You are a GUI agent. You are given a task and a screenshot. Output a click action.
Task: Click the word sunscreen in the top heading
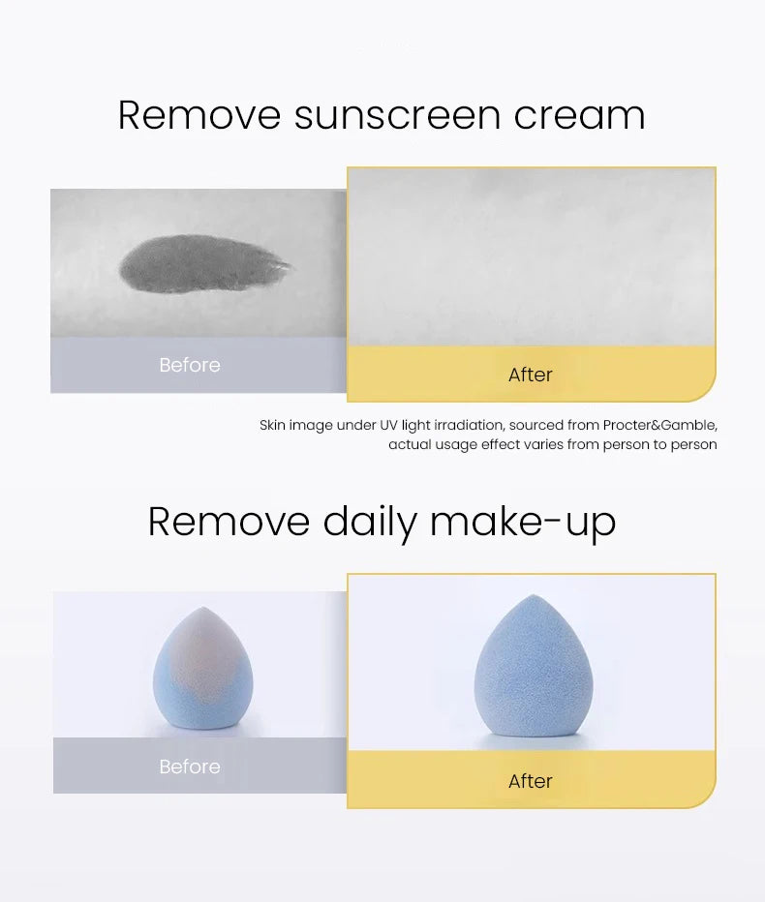[x=396, y=115]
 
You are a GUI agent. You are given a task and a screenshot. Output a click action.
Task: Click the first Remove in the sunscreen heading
[x=199, y=115]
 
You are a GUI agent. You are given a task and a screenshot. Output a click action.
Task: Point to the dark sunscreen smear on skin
[x=204, y=263]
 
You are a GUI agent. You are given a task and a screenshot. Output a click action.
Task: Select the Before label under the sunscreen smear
[x=190, y=365]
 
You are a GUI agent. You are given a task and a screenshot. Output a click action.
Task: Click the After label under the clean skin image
[x=531, y=375]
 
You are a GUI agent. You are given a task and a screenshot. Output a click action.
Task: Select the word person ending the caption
[x=692, y=444]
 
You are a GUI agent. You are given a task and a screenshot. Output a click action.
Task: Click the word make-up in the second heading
[x=523, y=522]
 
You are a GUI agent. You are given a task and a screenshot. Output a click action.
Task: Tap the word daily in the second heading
[x=372, y=522]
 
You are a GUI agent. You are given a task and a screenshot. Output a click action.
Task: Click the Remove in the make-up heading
[x=229, y=522]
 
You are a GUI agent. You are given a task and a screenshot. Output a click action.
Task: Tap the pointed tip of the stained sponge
[x=200, y=610]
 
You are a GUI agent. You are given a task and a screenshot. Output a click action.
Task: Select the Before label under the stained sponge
[x=190, y=767]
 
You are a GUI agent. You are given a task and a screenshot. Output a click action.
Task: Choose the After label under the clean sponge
[x=531, y=781]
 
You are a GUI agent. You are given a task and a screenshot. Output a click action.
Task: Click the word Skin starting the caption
[x=272, y=425]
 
